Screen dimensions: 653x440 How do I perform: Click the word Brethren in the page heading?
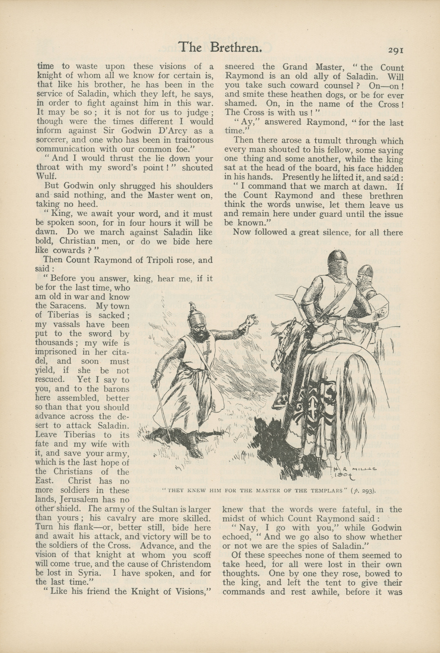tap(236, 48)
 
